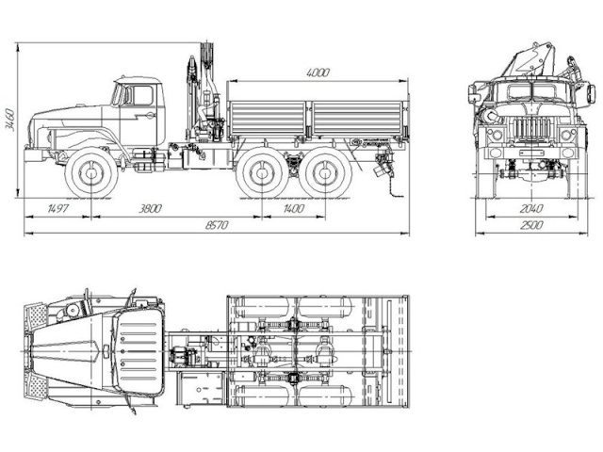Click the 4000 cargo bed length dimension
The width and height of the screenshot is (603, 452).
[x=319, y=73]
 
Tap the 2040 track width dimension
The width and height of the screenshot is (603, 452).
[x=533, y=208]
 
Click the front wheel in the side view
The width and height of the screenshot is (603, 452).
[x=91, y=175]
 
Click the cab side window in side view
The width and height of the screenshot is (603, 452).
[x=142, y=95]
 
